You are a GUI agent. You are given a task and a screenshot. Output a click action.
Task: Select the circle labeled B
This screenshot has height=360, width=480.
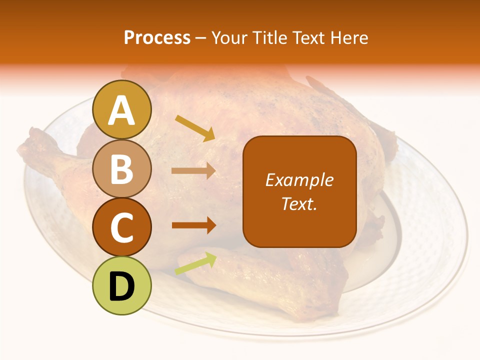[122, 168]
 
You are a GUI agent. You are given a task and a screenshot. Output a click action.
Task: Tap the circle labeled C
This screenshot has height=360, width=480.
[122, 227]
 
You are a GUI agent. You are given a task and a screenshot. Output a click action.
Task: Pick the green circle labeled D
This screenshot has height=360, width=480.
[122, 285]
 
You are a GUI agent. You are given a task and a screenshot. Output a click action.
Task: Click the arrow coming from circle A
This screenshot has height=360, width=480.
[195, 128]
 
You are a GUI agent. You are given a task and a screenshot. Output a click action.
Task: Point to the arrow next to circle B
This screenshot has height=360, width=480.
[193, 171]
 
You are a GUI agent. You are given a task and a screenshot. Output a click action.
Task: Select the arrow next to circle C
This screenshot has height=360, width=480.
[193, 225]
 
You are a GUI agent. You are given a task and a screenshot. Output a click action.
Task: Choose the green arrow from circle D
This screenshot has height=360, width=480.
[195, 263]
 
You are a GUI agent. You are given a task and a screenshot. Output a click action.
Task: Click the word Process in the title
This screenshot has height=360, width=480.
[157, 37]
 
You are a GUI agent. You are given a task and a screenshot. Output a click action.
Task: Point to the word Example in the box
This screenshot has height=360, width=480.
[299, 180]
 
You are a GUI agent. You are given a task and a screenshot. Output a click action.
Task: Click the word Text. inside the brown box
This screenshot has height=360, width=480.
[299, 203]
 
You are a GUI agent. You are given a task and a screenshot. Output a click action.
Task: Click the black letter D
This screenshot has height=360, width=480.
[122, 286]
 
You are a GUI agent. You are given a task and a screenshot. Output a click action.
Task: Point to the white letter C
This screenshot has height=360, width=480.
[122, 228]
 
